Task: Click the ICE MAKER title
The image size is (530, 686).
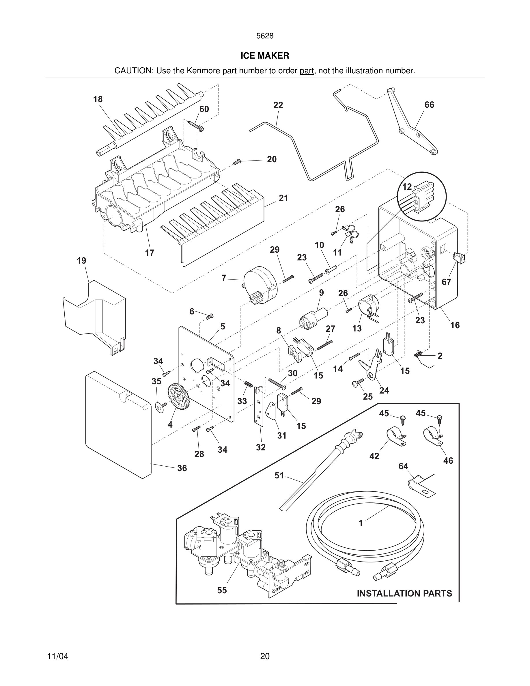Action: [x=265, y=56]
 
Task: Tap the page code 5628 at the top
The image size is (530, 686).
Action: [x=265, y=36]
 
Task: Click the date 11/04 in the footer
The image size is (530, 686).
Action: [x=57, y=656]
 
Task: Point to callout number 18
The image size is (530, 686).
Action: [x=98, y=99]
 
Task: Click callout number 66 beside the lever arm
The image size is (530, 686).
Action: [x=429, y=105]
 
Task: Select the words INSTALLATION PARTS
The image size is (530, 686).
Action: [x=404, y=593]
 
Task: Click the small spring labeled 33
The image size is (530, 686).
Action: [x=249, y=384]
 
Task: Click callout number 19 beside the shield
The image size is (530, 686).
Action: [x=81, y=260]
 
